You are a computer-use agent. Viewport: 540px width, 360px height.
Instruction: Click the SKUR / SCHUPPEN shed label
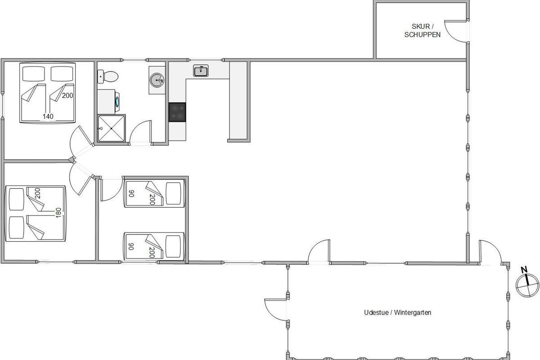(423, 31)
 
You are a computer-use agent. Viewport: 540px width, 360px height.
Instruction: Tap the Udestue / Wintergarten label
(397, 312)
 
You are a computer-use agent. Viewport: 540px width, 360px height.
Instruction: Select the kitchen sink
(201, 71)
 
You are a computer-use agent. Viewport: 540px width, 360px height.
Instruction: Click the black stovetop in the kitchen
(177, 112)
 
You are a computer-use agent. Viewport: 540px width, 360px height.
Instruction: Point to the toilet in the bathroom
(108, 76)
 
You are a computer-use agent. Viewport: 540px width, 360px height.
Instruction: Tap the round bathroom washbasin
(157, 80)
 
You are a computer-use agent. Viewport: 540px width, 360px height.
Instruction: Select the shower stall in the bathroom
(112, 128)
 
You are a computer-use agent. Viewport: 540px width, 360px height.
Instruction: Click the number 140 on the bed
(48, 117)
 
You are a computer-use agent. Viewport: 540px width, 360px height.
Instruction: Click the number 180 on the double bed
(58, 213)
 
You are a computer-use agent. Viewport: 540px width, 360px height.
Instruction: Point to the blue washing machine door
(118, 102)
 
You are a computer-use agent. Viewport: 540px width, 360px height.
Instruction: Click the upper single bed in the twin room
(154, 193)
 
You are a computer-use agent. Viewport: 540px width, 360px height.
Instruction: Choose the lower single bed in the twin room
(154, 246)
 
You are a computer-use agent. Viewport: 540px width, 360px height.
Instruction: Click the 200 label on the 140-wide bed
(67, 95)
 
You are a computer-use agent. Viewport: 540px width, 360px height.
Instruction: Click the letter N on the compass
(524, 270)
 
